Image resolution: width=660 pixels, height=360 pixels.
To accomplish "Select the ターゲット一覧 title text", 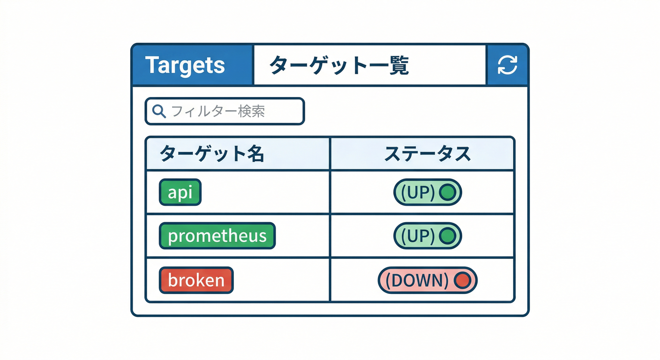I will (x=339, y=65).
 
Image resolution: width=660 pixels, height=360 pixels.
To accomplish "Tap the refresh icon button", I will (x=507, y=65).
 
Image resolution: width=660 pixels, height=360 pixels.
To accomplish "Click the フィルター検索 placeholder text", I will (x=218, y=111).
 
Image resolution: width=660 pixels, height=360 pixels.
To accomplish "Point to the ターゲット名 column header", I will (x=212, y=154).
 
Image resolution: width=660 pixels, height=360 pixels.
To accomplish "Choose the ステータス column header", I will (x=427, y=154).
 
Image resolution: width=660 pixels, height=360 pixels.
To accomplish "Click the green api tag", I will (x=180, y=192).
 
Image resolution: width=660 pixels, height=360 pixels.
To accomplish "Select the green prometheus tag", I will (x=217, y=235).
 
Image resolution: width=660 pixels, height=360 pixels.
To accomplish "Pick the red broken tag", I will (x=196, y=280).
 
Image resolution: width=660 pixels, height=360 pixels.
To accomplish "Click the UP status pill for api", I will (x=427, y=192).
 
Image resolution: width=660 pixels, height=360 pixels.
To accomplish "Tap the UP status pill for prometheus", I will (x=427, y=235).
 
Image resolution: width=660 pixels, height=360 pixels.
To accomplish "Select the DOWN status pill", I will (x=427, y=280).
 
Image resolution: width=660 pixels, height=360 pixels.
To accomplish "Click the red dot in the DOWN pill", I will (x=462, y=280).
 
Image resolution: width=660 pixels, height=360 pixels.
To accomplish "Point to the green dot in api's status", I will (x=448, y=192).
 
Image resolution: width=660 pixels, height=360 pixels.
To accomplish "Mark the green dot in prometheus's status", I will (x=448, y=235).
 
